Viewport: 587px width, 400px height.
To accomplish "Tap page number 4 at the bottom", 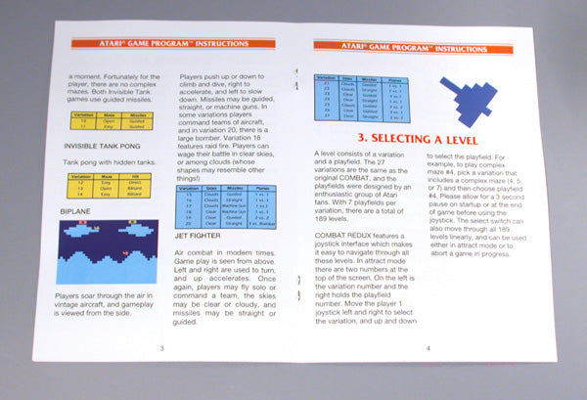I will tap(428, 348).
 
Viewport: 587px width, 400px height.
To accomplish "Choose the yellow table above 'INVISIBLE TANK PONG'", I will tap(111, 121).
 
